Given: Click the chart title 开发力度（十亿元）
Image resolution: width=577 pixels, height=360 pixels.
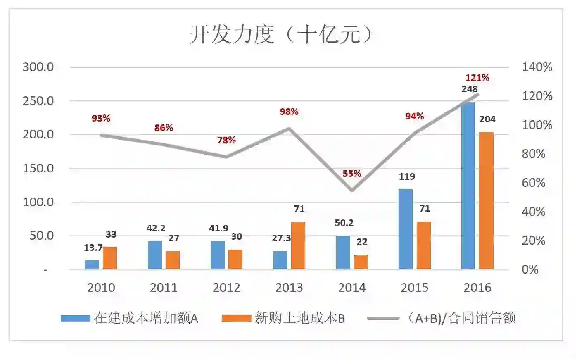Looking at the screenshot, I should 281,34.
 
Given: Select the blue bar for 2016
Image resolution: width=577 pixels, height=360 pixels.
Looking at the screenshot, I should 468,186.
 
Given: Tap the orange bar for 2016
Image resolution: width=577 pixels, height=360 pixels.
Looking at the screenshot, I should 486,201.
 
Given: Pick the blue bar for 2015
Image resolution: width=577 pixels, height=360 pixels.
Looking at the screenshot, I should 406,229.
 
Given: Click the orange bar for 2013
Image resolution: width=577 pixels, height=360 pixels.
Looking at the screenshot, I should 298,246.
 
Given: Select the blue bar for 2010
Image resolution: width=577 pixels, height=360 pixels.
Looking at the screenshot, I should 92,265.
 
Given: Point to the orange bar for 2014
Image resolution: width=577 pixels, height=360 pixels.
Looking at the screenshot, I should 361,262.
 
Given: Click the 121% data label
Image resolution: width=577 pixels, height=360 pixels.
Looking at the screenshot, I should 477,78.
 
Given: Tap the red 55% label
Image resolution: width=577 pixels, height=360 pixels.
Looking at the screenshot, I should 352,174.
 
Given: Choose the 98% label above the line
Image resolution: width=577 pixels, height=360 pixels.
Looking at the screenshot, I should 289,112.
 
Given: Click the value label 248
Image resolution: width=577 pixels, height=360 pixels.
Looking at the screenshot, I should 470,89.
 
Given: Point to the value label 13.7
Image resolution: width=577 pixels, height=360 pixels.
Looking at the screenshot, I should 93,248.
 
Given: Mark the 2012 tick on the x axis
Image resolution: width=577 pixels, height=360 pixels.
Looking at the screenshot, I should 226,288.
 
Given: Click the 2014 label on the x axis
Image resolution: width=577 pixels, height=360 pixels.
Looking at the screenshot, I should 352,288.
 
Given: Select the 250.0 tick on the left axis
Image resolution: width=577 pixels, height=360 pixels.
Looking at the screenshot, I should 38,101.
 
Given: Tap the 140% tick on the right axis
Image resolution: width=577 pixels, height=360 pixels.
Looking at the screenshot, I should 537,67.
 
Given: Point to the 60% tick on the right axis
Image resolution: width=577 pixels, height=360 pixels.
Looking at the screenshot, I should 534,183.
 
